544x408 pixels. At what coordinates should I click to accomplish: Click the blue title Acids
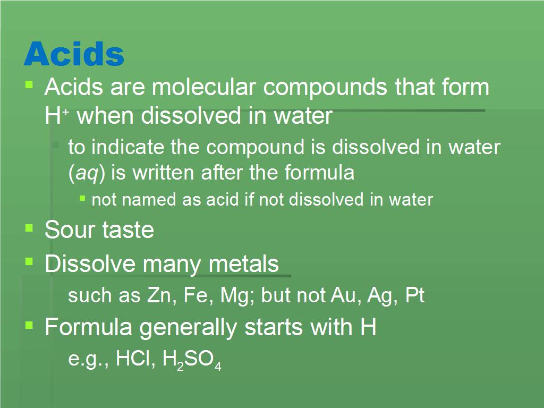tap(74, 54)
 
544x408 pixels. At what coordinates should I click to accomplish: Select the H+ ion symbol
tap(57, 115)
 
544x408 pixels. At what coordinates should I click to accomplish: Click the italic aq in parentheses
tap(87, 173)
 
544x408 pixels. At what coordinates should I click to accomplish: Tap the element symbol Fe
tap(196, 295)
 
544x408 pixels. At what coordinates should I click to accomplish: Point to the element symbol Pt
tap(415, 295)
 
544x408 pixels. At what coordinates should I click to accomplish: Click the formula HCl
tap(133, 358)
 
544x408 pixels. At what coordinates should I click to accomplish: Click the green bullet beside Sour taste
tap(29, 228)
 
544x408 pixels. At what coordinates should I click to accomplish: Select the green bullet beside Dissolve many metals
tap(29, 261)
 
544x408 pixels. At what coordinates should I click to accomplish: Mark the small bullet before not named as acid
tap(82, 198)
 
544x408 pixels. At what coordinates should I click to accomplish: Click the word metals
tap(243, 263)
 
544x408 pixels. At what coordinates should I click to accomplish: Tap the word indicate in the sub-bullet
tap(127, 147)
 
